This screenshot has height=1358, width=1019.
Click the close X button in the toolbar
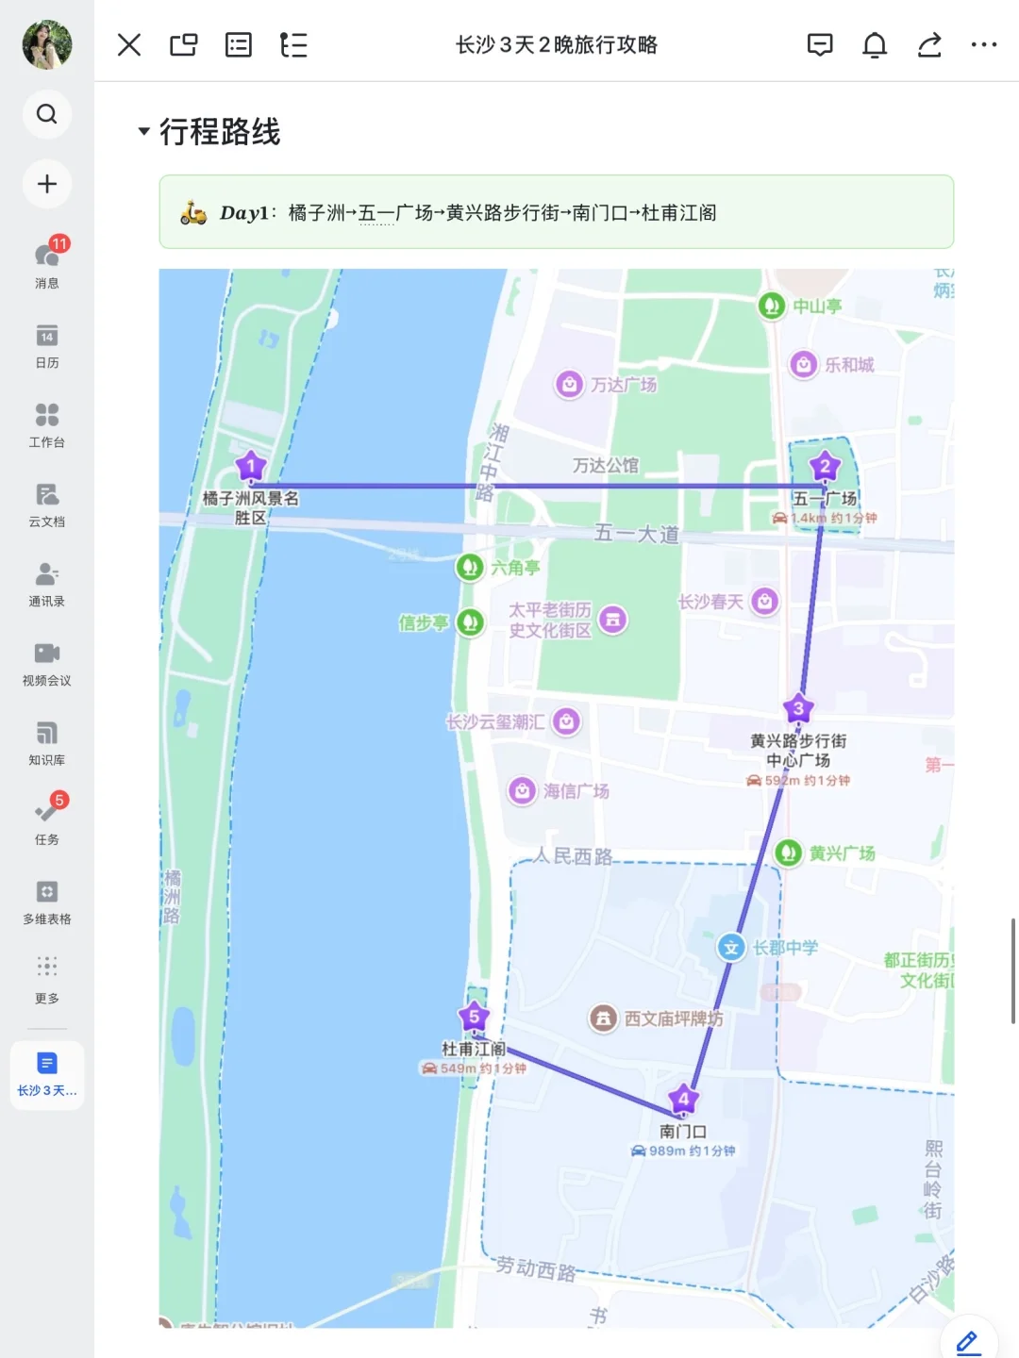click(x=129, y=45)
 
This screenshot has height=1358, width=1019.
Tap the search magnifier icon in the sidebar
click(x=47, y=114)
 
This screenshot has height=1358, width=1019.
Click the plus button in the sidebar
click(x=47, y=184)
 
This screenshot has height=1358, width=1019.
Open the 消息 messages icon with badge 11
click(x=47, y=256)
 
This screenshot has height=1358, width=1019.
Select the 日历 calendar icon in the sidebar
click(x=47, y=336)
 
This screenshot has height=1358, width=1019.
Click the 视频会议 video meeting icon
click(x=47, y=654)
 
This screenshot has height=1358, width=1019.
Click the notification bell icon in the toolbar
click(x=875, y=45)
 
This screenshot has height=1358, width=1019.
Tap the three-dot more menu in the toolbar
click(x=983, y=45)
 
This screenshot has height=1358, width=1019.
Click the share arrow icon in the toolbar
click(x=929, y=45)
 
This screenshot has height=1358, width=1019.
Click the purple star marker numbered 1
click(x=251, y=466)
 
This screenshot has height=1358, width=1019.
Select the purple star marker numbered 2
click(x=825, y=466)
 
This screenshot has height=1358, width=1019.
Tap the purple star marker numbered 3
click(x=798, y=708)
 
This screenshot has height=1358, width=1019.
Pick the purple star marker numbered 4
click(x=683, y=1099)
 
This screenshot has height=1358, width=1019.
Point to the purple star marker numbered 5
click(x=474, y=1017)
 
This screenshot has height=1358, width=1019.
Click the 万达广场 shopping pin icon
click(x=569, y=384)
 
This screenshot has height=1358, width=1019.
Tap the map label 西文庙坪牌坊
click(x=674, y=1018)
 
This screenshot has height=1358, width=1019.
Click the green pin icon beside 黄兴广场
click(x=788, y=853)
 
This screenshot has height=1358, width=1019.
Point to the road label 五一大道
click(x=637, y=534)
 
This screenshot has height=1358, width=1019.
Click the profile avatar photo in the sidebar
click(x=47, y=44)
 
